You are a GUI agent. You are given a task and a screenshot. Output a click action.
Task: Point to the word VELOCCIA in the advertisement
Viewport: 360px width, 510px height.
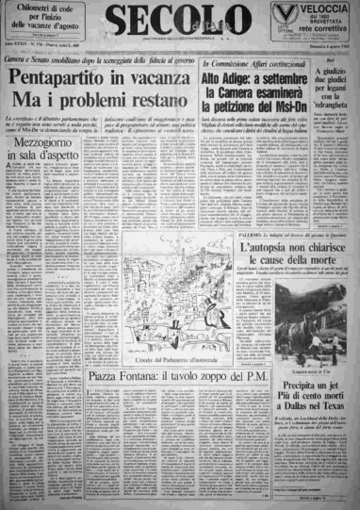pyautogui.click(x=326, y=8)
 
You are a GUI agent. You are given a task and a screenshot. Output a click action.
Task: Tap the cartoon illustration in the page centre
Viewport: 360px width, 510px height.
pyautogui.click(x=175, y=292)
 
